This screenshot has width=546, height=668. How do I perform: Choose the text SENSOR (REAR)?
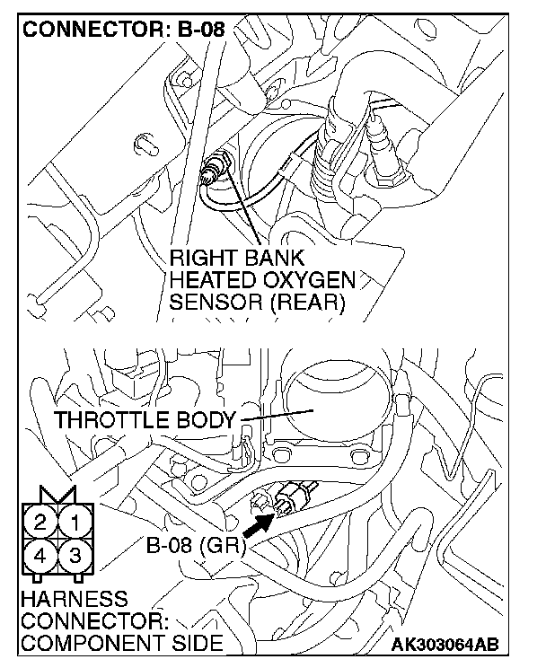258,302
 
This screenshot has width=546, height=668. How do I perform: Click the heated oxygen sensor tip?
216,168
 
